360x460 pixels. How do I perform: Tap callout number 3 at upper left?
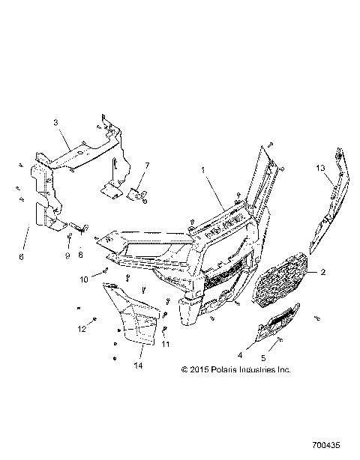pyautogui.click(x=55, y=122)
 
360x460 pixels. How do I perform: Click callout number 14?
pyautogui.click(x=137, y=366)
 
